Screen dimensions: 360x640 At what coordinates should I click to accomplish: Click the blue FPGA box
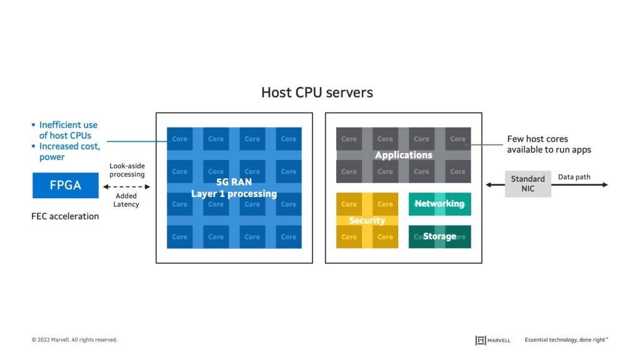point(66,186)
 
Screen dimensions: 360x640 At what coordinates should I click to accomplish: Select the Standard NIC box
point(527,184)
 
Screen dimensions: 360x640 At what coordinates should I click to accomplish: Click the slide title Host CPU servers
point(317,92)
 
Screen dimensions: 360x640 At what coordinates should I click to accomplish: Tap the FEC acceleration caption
point(65,216)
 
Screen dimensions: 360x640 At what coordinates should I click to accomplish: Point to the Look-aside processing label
point(127,170)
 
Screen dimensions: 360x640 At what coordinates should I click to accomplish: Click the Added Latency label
point(127,200)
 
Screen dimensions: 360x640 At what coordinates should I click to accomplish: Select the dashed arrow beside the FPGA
point(127,186)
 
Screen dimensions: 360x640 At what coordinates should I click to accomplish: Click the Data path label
point(574,177)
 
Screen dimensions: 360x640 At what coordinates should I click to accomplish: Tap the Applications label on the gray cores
point(403,155)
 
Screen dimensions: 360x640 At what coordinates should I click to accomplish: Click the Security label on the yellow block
point(367,221)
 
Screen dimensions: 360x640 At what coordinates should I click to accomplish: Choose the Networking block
point(439,204)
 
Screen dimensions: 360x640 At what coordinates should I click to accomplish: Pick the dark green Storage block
point(439,237)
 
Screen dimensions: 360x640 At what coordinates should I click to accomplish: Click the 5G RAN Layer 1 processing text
point(234,188)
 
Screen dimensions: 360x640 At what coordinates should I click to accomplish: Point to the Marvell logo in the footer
point(493,340)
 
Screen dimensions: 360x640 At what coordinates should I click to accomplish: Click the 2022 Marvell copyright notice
point(74,340)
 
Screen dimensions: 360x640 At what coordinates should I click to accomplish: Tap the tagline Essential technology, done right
point(566,340)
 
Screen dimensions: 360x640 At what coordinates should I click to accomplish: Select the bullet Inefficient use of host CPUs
point(67,130)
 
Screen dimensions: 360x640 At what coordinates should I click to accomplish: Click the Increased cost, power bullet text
point(69,152)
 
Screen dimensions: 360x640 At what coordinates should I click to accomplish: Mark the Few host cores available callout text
point(548,144)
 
